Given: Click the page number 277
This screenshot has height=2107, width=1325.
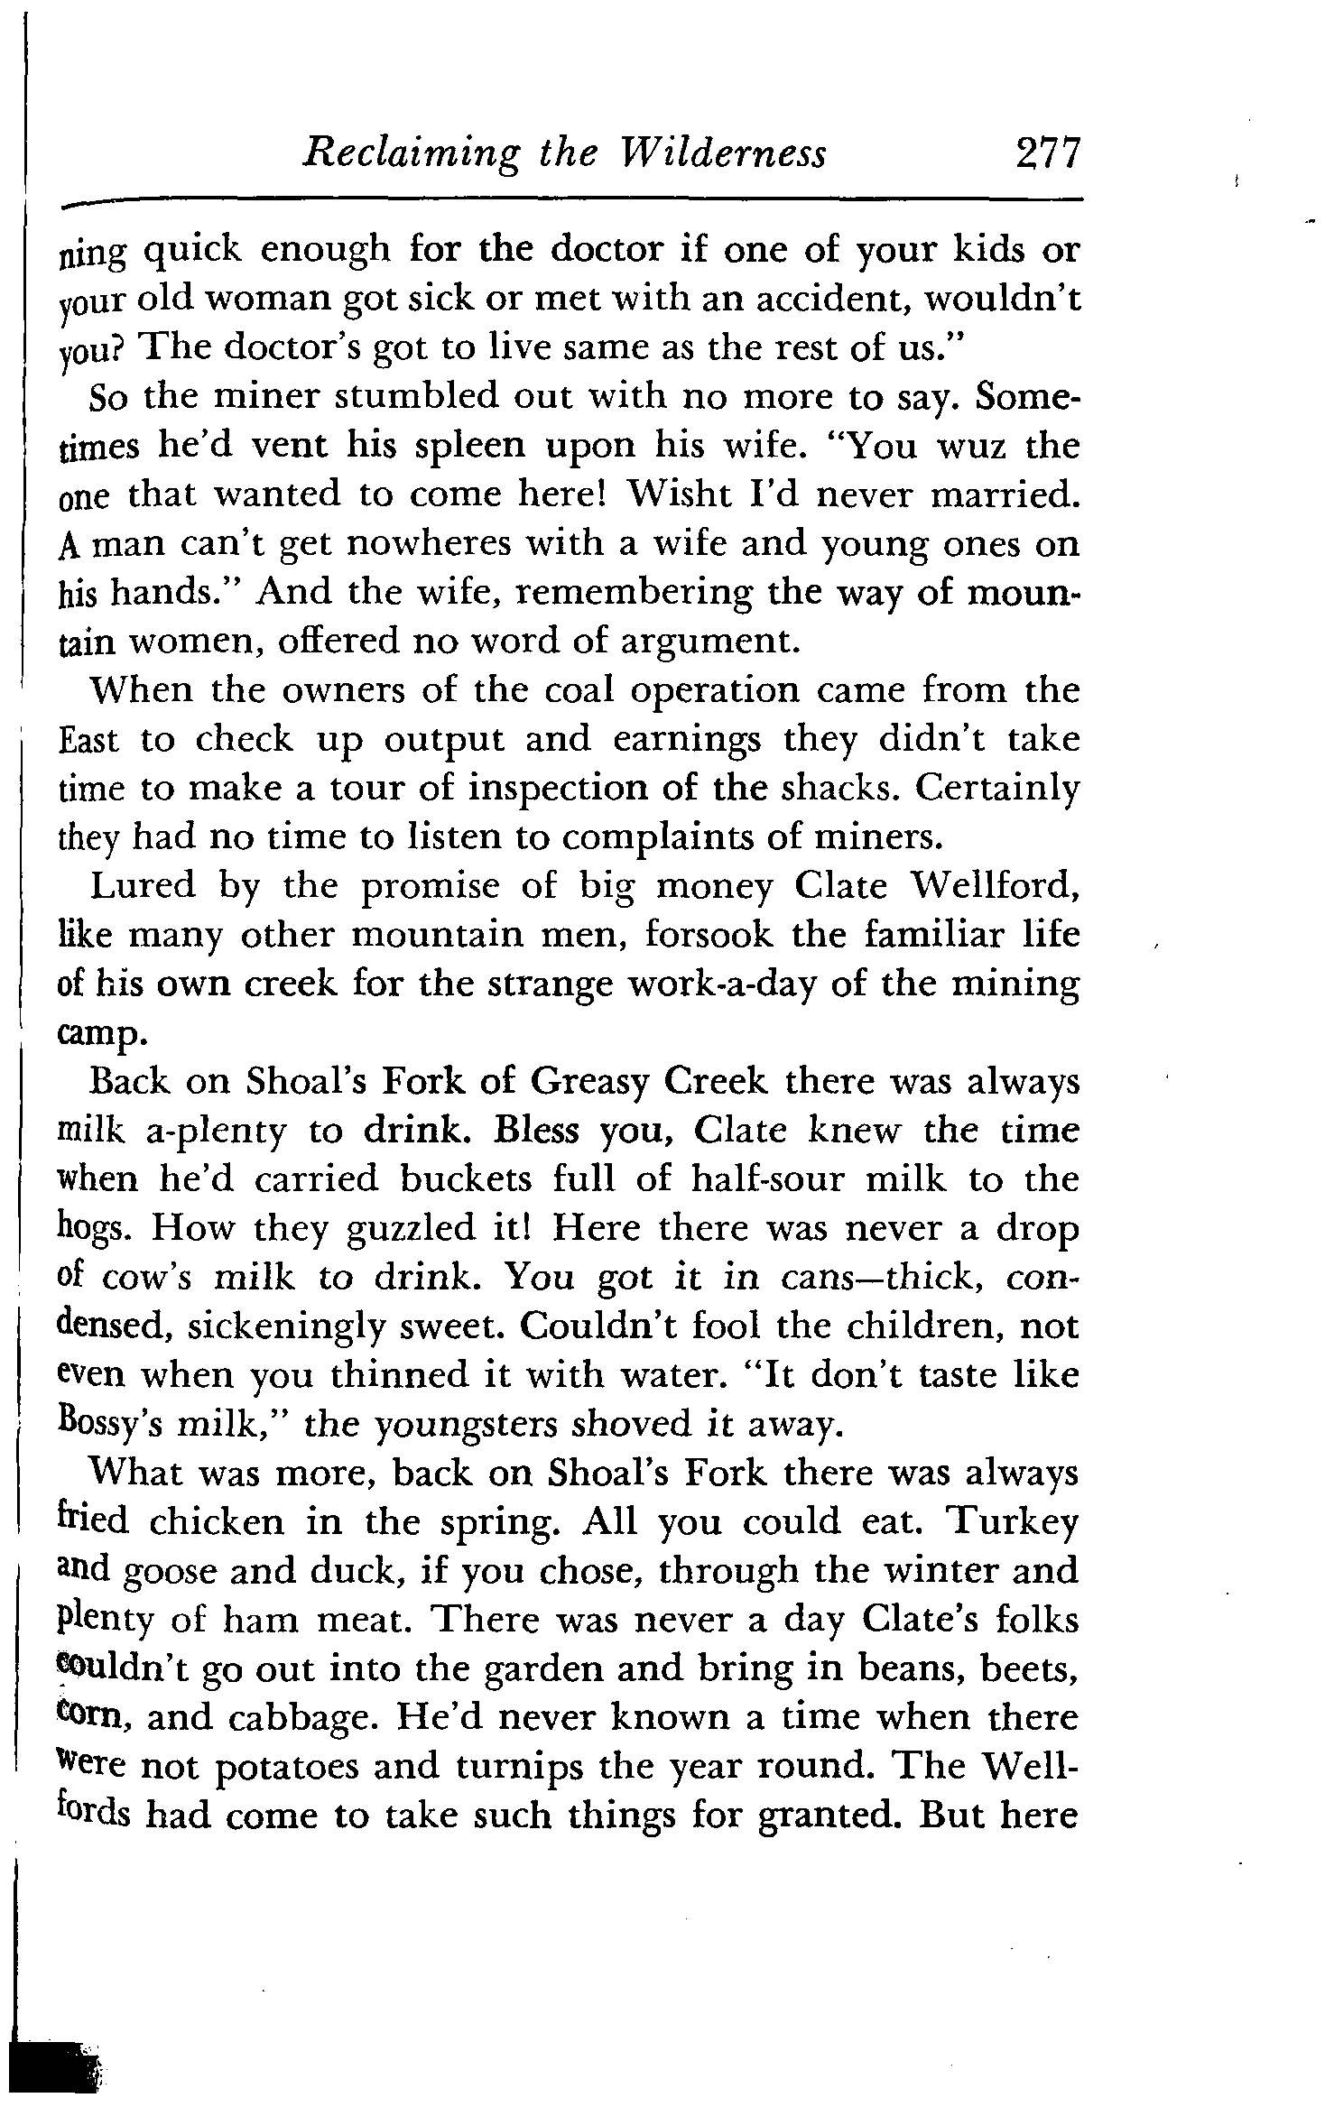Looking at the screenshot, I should pyautogui.click(x=1046, y=154).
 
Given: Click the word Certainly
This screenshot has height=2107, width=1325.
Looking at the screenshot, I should pyautogui.click(x=996, y=788).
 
